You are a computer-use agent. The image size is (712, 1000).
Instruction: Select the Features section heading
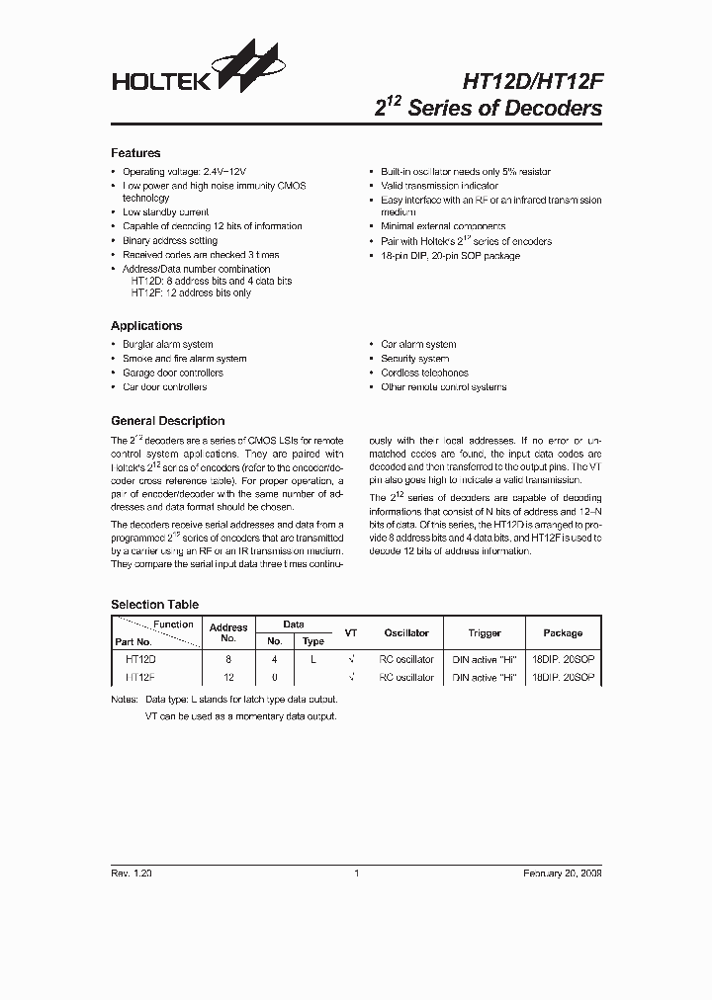pyautogui.click(x=135, y=153)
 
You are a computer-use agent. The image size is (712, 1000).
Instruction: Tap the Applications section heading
pyautogui.click(x=146, y=325)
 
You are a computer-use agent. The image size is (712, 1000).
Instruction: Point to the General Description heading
pyautogui.click(x=167, y=421)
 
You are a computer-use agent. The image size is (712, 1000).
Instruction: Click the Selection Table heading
pyautogui.click(x=154, y=604)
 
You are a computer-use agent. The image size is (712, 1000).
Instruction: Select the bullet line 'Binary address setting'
pyautogui.click(x=169, y=240)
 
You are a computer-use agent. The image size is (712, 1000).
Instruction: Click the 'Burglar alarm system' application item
pyautogui.click(x=167, y=344)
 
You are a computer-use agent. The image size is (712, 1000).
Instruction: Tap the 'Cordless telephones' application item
pyautogui.click(x=424, y=373)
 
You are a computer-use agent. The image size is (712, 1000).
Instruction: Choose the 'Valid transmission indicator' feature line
pyautogui.click(x=439, y=186)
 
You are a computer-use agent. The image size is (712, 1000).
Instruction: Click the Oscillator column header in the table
pyautogui.click(x=406, y=632)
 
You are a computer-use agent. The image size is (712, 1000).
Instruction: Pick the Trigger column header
pyautogui.click(x=485, y=632)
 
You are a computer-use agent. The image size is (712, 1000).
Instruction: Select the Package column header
pyautogui.click(x=563, y=632)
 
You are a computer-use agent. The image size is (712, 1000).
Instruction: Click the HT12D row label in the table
pyautogui.click(x=140, y=658)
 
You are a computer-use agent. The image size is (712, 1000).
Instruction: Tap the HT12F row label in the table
pyautogui.click(x=140, y=678)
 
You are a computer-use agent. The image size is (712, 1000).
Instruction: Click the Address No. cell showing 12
pyautogui.click(x=228, y=678)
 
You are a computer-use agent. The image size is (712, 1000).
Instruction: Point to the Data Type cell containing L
pyautogui.click(x=312, y=658)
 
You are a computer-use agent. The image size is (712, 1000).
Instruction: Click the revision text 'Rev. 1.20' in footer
pyautogui.click(x=132, y=874)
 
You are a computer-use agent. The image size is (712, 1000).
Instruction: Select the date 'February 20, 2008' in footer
pyautogui.click(x=562, y=874)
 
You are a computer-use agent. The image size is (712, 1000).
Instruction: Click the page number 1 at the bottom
pyautogui.click(x=356, y=874)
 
